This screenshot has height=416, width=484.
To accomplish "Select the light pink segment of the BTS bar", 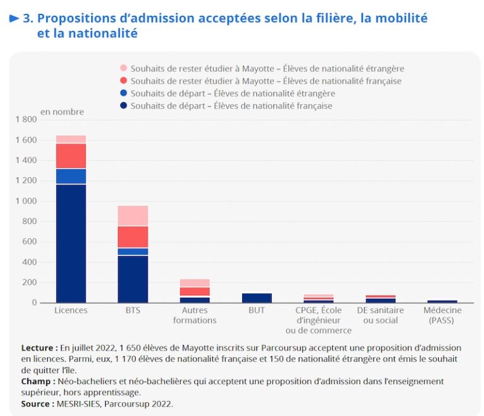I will pyautogui.click(x=133, y=216).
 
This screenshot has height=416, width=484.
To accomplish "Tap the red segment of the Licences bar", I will pyautogui.click(x=71, y=155).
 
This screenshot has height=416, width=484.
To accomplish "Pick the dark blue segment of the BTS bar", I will pyautogui.click(x=133, y=279).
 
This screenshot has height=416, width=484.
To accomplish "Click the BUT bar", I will pyautogui.click(x=256, y=298).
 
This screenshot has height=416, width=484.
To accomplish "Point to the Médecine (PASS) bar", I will pyautogui.click(x=442, y=301).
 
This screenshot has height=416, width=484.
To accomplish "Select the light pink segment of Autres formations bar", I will pyautogui.click(x=195, y=283).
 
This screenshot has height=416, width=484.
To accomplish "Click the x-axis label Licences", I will pyautogui.click(x=71, y=311).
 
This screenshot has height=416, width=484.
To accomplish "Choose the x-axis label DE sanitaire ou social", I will pyautogui.click(x=380, y=315).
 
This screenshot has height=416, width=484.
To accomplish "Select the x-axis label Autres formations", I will pyautogui.click(x=195, y=315).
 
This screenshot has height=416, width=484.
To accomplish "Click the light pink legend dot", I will pyautogui.click(x=123, y=68).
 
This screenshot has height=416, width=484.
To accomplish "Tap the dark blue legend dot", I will pyautogui.click(x=123, y=106).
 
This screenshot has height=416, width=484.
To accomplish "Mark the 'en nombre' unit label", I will pyautogui.click(x=62, y=111).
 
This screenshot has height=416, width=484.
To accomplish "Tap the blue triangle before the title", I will pyautogui.click(x=14, y=18).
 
